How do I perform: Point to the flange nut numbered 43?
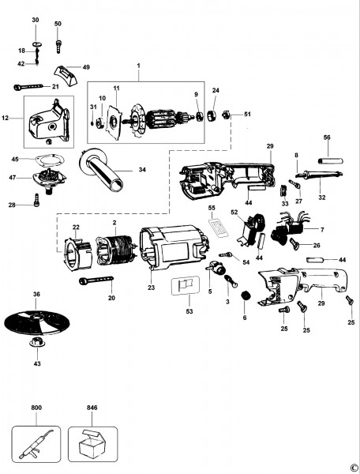coord(37,344)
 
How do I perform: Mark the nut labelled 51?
coord(223,115)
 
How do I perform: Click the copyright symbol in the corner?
coord(353,467)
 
